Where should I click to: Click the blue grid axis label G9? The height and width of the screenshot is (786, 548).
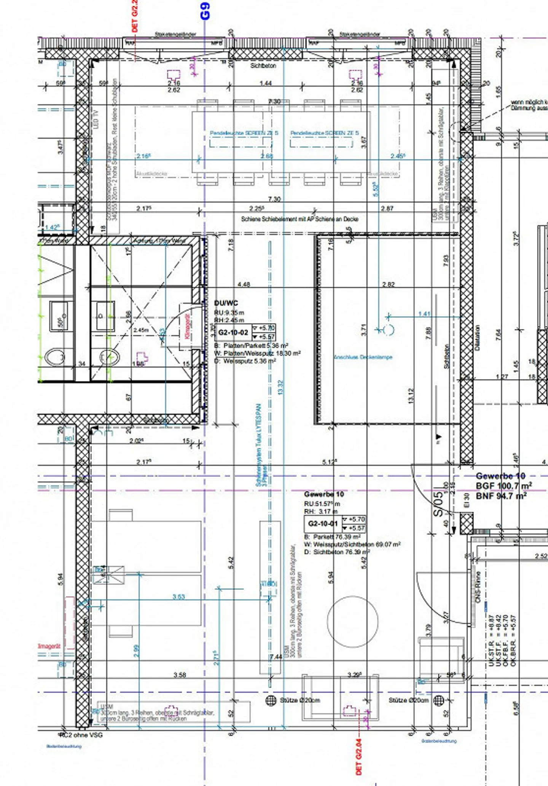coord(205,11)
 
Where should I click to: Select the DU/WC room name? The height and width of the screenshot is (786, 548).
coord(226,303)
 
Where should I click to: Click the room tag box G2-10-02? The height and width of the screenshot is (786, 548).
coord(233,333)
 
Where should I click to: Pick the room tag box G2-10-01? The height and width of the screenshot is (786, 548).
coord(323,524)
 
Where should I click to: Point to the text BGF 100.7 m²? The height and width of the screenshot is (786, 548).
coord(503,486)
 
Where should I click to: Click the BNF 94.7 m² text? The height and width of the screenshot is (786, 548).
coord(501,496)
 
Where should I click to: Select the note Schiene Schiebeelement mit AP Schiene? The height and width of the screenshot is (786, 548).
coord(299,219)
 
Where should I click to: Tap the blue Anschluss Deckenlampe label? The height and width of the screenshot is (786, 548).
coord(363,357)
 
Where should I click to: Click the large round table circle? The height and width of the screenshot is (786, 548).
coord(353,622)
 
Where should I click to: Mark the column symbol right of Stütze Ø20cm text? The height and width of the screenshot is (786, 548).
coord(439,700)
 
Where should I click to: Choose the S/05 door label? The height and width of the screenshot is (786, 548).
coord(439,504)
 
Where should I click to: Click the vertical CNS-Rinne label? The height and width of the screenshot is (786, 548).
coord(478,587)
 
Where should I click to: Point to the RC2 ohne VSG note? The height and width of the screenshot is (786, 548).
coord(80,735)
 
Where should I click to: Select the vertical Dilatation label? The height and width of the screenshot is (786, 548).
coord(478,338)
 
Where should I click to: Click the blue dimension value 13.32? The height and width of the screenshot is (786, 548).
coord(281,387)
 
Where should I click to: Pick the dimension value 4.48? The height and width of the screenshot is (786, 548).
coord(244,284)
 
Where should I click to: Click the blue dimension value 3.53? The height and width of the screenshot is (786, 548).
coord(178,597)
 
